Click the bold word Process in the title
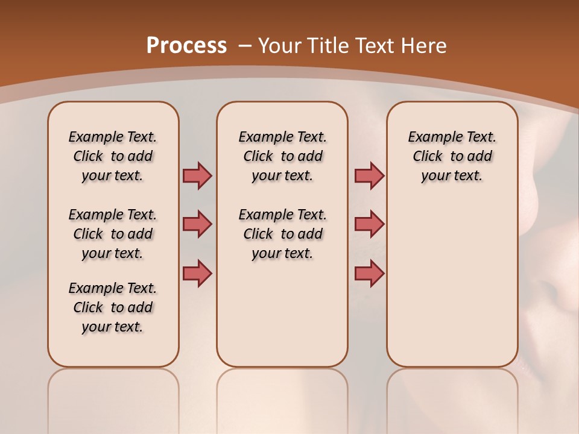(x=186, y=46)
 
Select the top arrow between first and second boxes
(x=197, y=175)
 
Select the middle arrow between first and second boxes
(x=197, y=224)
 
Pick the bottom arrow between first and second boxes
(x=197, y=273)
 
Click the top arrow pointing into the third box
(x=369, y=175)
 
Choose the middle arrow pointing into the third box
(x=369, y=224)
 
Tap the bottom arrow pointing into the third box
(x=369, y=273)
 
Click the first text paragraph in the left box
(x=113, y=156)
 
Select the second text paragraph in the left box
(x=113, y=234)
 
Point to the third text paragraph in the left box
(x=113, y=307)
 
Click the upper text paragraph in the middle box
(x=282, y=156)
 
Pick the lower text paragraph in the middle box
(x=282, y=234)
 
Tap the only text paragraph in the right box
(x=452, y=156)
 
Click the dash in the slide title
(x=245, y=46)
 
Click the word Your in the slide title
(x=281, y=46)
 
